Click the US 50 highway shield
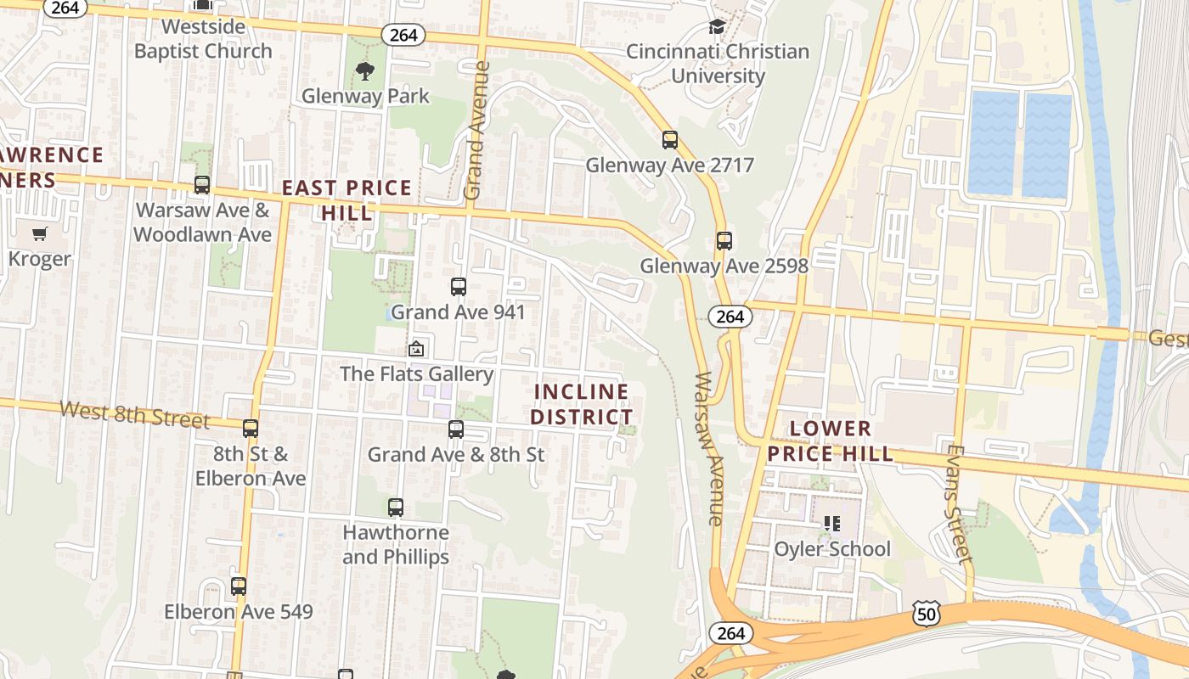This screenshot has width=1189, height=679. point(927,612)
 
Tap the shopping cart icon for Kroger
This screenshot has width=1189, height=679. point(40,233)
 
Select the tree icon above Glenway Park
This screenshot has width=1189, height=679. point(365,71)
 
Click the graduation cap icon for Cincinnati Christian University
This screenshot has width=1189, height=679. point(718,26)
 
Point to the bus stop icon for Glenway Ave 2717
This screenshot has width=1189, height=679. point(670,140)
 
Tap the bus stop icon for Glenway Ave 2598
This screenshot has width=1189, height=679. point(724,241)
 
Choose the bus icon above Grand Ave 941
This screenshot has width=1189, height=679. point(459,287)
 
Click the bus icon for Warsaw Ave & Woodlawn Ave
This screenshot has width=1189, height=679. point(202,185)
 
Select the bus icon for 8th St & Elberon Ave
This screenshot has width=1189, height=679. point(251,429)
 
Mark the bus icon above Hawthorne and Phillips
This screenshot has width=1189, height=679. point(396,508)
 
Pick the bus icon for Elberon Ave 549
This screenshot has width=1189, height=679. point(239,586)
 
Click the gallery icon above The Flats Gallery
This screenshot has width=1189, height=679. point(416,349)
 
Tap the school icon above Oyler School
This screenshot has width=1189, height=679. point(831,524)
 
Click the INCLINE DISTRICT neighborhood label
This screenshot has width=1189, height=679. point(582,404)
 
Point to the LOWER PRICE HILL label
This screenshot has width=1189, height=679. point(831,441)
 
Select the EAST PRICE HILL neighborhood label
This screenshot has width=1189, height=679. point(347,199)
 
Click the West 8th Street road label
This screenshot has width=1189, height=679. point(134,415)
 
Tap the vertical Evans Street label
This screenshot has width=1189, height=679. point(957,504)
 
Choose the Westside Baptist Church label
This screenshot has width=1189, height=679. point(203,38)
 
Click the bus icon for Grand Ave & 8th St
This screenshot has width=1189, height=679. point(456,429)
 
